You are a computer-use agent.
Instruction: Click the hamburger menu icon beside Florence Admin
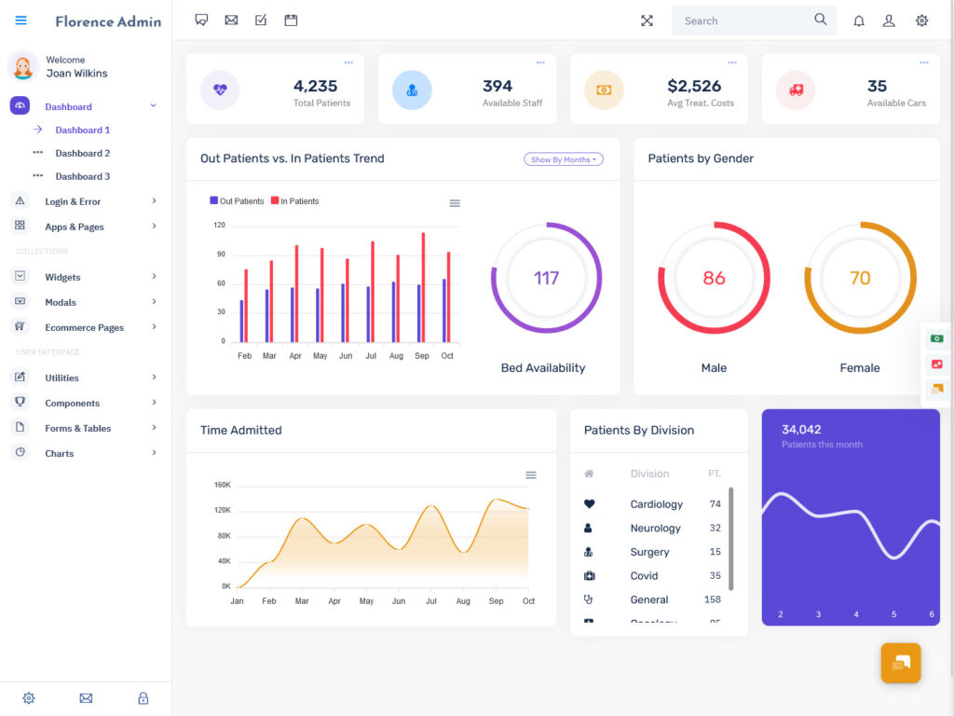point(21,21)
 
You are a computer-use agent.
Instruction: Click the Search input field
point(745,21)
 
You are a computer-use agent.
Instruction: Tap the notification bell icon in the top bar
point(859,21)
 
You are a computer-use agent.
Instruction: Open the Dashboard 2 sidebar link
point(82,153)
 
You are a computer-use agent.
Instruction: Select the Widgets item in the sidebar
point(62,277)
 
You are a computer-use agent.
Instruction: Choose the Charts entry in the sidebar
point(59,453)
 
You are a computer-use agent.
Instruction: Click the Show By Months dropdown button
point(564,159)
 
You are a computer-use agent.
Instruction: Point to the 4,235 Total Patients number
point(315,86)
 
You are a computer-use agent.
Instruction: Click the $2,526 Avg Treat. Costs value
point(694,86)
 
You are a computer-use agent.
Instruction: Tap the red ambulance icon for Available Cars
point(796,90)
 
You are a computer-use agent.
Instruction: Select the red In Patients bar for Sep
point(423,287)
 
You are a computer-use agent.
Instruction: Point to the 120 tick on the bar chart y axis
point(220,225)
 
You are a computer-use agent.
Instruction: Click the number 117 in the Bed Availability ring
point(546,278)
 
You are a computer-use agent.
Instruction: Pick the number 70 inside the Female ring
point(860,278)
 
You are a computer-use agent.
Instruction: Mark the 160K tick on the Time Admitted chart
point(223,485)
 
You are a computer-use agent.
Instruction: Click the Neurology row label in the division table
point(655,529)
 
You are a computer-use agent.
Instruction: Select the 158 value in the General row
point(713,599)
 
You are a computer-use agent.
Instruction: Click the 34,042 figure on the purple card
point(801,430)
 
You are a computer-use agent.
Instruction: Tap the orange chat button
point(901,663)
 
